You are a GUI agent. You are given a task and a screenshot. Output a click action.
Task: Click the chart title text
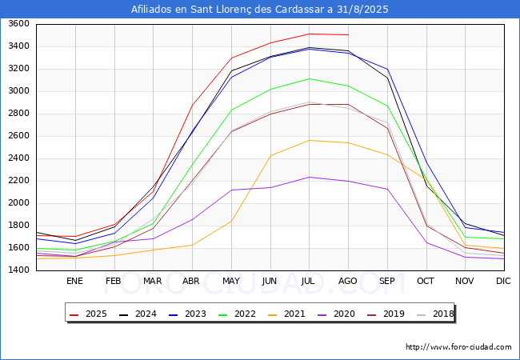click(260, 10)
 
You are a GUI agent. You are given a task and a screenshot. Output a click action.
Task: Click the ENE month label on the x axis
click(74, 281)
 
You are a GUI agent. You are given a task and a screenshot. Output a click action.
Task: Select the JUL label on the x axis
click(309, 281)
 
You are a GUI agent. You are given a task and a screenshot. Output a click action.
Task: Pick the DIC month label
click(503, 281)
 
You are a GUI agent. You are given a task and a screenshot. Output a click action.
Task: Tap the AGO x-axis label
click(348, 281)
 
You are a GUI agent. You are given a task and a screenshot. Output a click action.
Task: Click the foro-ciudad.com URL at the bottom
click(458, 347)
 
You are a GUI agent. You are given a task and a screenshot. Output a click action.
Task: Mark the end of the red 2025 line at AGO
click(348, 34)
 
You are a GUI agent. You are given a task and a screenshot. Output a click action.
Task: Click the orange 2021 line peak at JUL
click(309, 140)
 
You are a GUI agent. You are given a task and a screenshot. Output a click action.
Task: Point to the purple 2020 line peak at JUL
click(309, 177)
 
